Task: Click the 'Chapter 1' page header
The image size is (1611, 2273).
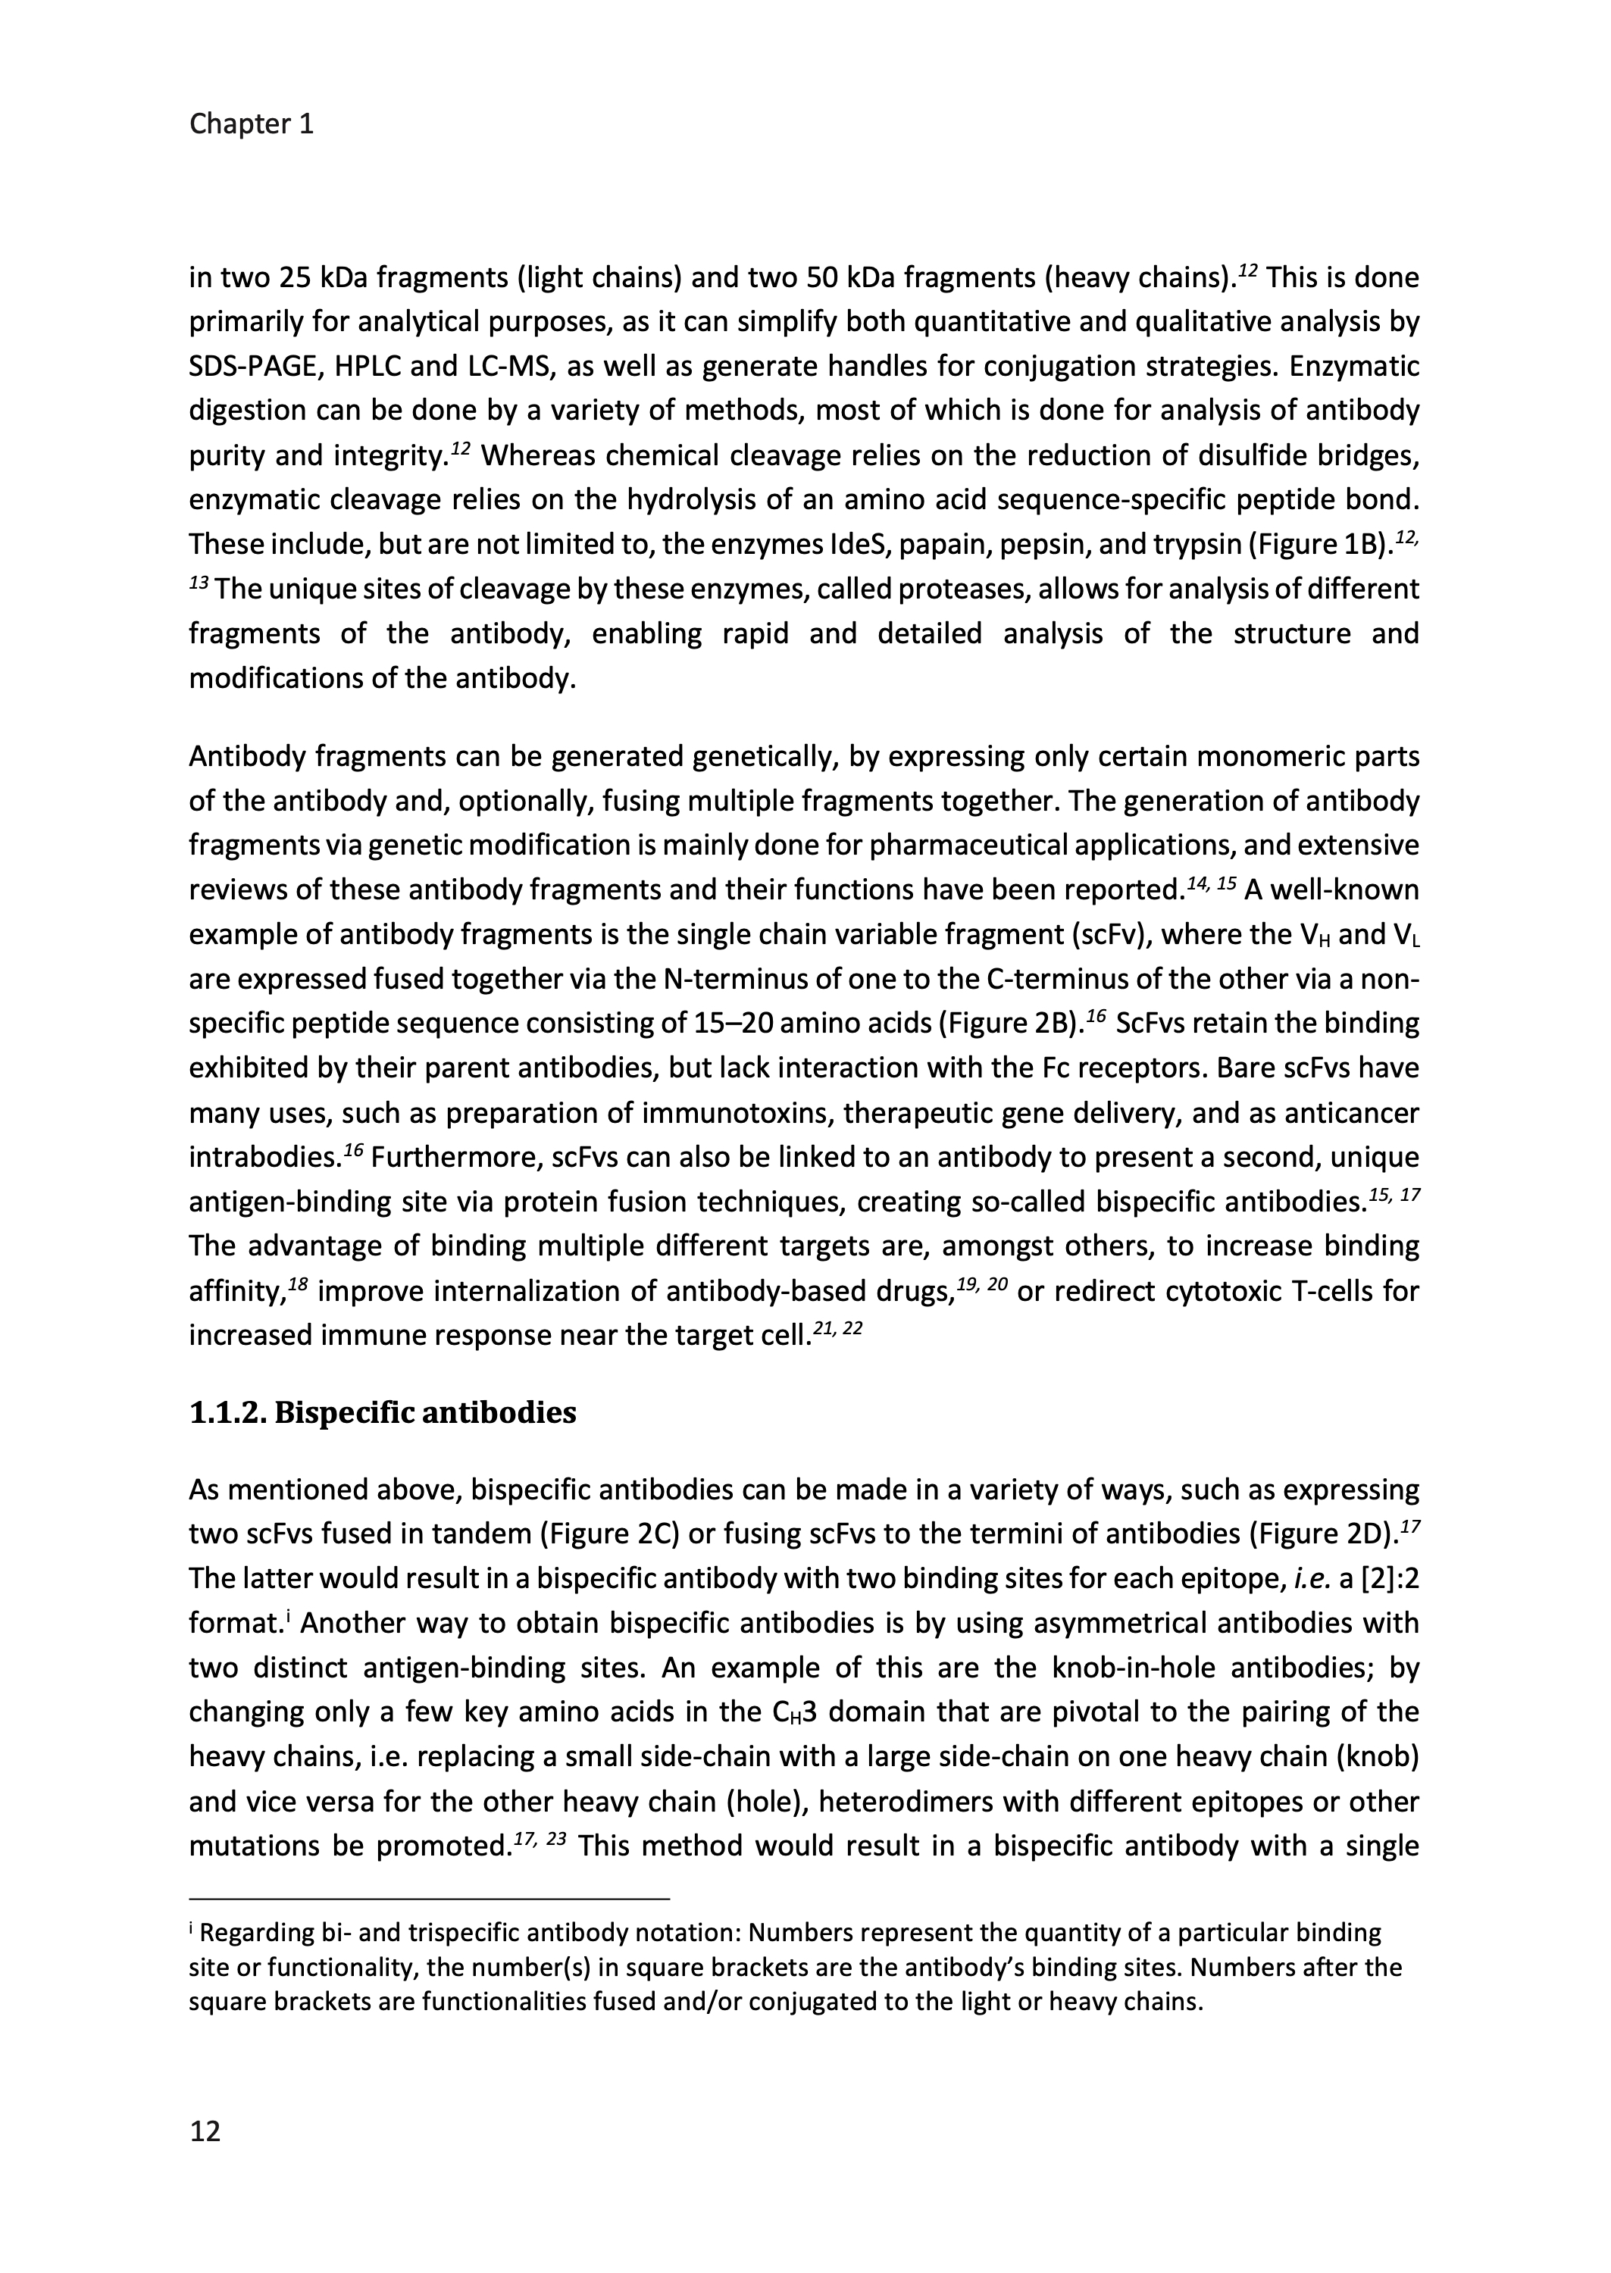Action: [251, 124]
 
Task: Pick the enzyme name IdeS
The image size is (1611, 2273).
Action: [851, 545]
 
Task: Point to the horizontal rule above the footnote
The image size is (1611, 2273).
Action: [430, 1899]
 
